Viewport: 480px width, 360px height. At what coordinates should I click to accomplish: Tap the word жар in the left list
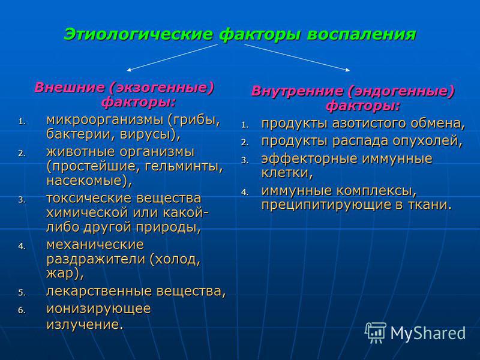pos(62,273)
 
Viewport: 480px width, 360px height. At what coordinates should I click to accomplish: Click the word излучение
pos(84,325)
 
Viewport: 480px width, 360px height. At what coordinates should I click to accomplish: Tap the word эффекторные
pos(304,159)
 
